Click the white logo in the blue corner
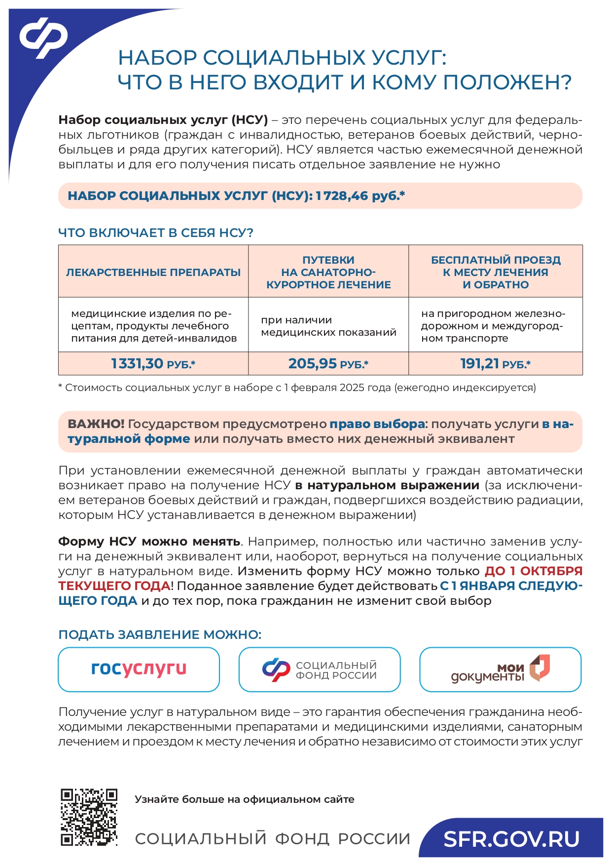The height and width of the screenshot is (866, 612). pos(43,38)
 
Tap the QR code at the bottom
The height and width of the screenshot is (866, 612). pos(89,817)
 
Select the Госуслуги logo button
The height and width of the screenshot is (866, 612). pos(139,669)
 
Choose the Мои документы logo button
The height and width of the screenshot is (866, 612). pos(500,669)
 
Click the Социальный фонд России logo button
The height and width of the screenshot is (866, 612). pos(319,669)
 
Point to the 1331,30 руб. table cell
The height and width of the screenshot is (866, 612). pos(153,364)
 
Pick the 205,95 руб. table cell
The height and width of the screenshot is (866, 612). pos(328,364)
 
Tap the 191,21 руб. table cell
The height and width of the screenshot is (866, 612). pos(495,364)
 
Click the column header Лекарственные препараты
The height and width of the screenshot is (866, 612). pos(153,272)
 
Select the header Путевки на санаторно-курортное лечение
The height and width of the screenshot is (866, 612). pos(328,272)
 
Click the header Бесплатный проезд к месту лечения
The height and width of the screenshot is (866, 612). pos(495,272)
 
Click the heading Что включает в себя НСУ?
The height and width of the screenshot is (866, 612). pos(155,233)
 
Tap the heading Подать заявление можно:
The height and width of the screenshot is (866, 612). pos(160,634)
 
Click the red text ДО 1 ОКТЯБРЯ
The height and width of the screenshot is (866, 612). pos(533,571)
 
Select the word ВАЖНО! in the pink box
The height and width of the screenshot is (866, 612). pos(96,424)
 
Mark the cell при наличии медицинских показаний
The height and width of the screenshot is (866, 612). pos(328,326)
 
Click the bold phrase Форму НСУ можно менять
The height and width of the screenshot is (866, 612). pos(149,542)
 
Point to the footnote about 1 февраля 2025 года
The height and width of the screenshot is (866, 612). pos(297,388)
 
